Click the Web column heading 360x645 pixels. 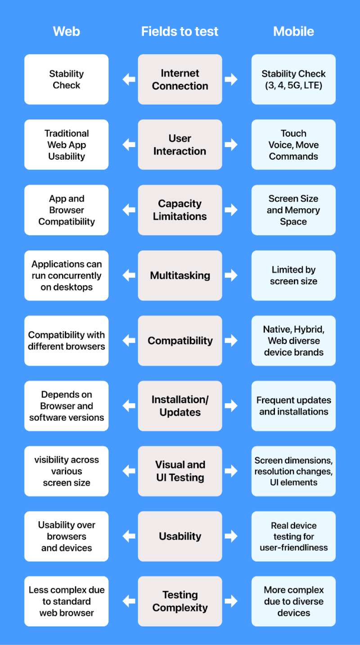pyautogui.click(x=67, y=31)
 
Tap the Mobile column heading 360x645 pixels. pyautogui.click(x=293, y=31)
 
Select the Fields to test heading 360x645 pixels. pyautogui.click(x=180, y=31)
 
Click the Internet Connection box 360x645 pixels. pyautogui.click(x=180, y=80)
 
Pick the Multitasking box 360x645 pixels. pyautogui.click(x=180, y=275)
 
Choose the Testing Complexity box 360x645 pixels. pyautogui.click(x=180, y=601)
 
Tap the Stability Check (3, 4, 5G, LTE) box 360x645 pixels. pyautogui.click(x=293, y=80)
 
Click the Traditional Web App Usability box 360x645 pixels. pyautogui.click(x=67, y=145)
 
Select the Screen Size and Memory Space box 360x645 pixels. pyautogui.click(x=293, y=210)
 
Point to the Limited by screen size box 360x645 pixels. pyautogui.click(x=293, y=275)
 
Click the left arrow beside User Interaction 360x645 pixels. pyautogui.click(x=129, y=145)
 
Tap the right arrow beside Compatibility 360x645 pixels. pyautogui.click(x=231, y=341)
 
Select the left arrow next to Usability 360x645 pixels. pyautogui.click(x=129, y=536)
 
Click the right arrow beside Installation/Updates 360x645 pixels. pyautogui.click(x=231, y=406)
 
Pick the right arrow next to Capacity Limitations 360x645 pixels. pyautogui.click(x=231, y=210)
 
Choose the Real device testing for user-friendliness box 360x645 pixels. pyautogui.click(x=293, y=537)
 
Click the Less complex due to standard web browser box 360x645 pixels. pyautogui.click(x=67, y=601)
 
